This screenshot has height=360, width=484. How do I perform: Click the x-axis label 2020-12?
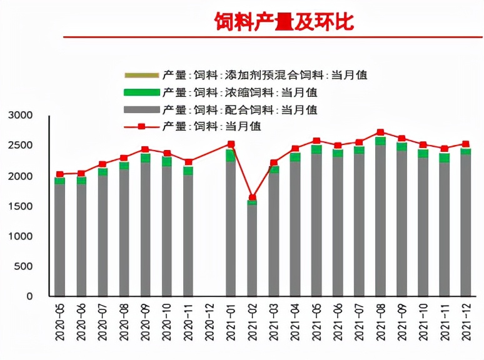209,321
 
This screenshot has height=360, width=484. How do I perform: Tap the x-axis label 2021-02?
252,321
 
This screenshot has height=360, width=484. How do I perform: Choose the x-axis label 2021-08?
380,321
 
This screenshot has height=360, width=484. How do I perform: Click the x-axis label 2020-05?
60,321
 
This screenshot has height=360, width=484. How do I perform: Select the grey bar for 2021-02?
252,250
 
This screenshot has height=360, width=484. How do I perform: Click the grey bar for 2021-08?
380,219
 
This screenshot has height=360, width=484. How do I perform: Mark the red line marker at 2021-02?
252,197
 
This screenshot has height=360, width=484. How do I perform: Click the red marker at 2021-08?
380,132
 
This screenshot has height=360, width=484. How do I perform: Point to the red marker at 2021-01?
231,144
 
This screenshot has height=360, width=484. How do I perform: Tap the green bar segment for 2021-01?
231,155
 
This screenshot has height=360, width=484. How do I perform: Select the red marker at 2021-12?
465,144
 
